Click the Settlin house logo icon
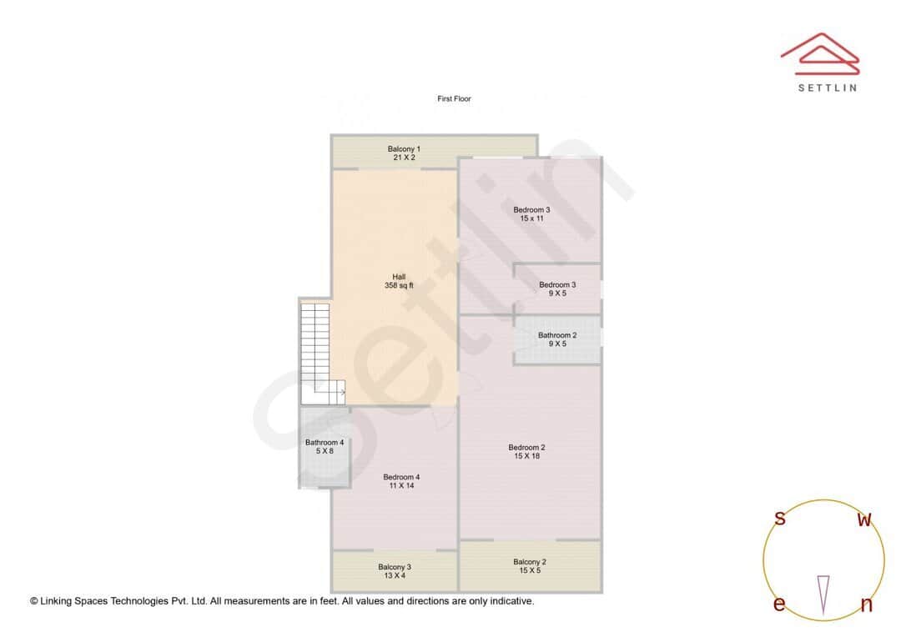pos(819,49)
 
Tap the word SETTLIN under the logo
pos(827,88)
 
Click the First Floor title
pos(454,99)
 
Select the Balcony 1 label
pos(404,148)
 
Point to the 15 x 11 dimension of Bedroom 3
pos(531,218)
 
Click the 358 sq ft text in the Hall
pos(399,286)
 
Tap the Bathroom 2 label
pos(557,335)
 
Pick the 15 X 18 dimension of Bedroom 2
pos(527,456)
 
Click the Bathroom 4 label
pos(325,442)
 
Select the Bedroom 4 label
pos(401,477)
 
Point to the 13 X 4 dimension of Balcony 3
pos(395,574)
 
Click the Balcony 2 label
pos(530,562)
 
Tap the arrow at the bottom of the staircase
pos(341,392)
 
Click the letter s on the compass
pos(780,519)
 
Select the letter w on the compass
pos(865,520)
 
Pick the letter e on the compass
pos(778,604)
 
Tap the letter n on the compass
pos(866,605)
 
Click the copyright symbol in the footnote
pos(34,601)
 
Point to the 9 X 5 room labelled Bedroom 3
pos(557,288)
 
